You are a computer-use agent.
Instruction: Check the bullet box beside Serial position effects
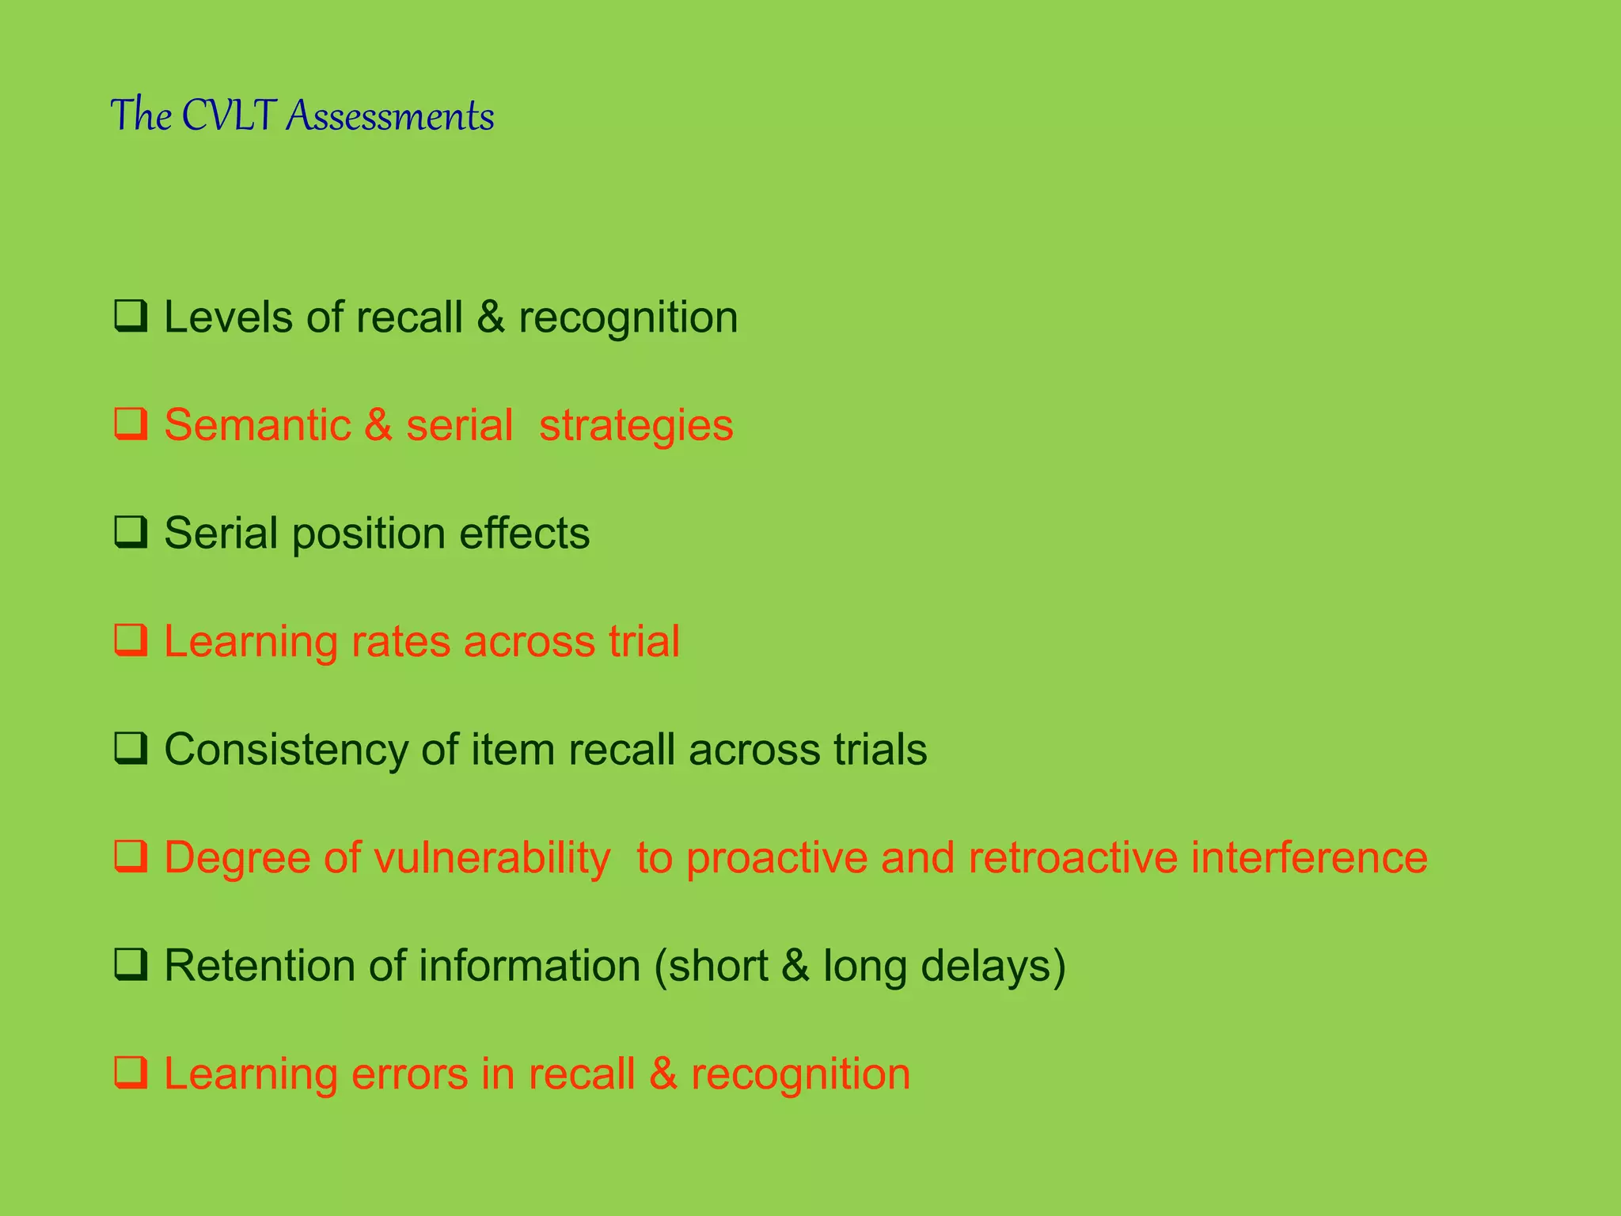click(x=131, y=532)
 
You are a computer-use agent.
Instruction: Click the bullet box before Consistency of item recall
click(x=131, y=748)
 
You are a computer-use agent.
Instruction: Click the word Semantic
click(x=257, y=425)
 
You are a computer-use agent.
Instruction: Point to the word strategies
click(x=636, y=426)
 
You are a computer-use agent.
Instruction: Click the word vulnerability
click(x=492, y=857)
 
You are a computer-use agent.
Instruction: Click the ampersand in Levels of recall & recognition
click(x=491, y=317)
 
